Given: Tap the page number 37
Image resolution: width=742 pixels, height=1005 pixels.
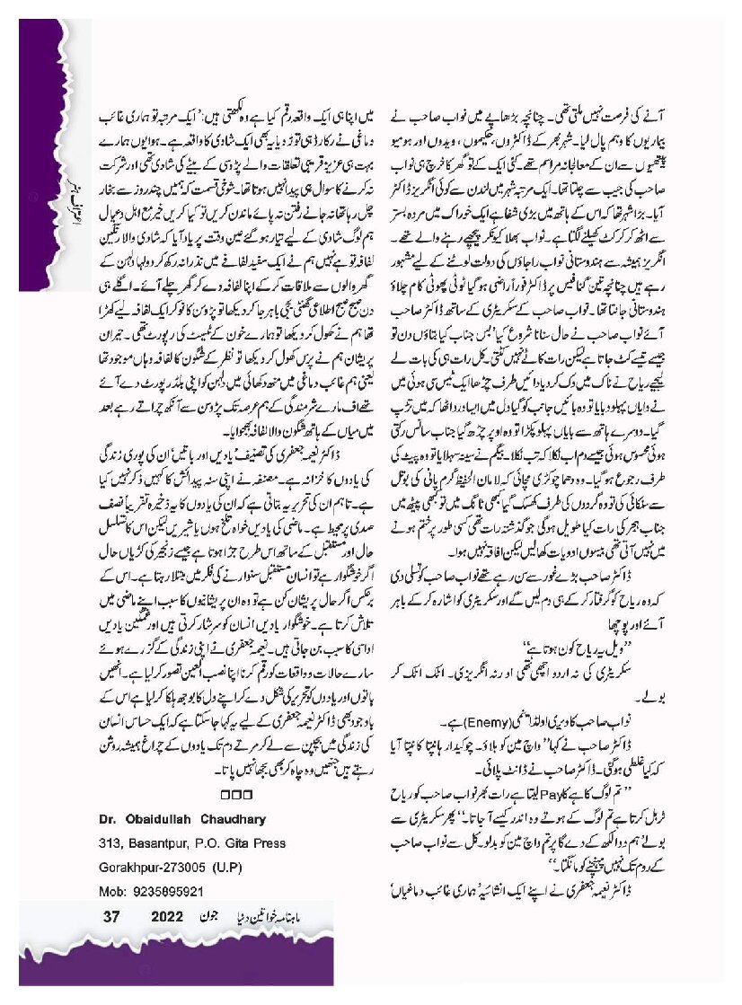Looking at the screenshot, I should point(111,916).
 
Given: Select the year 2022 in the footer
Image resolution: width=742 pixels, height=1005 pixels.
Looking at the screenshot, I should point(167,916).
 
